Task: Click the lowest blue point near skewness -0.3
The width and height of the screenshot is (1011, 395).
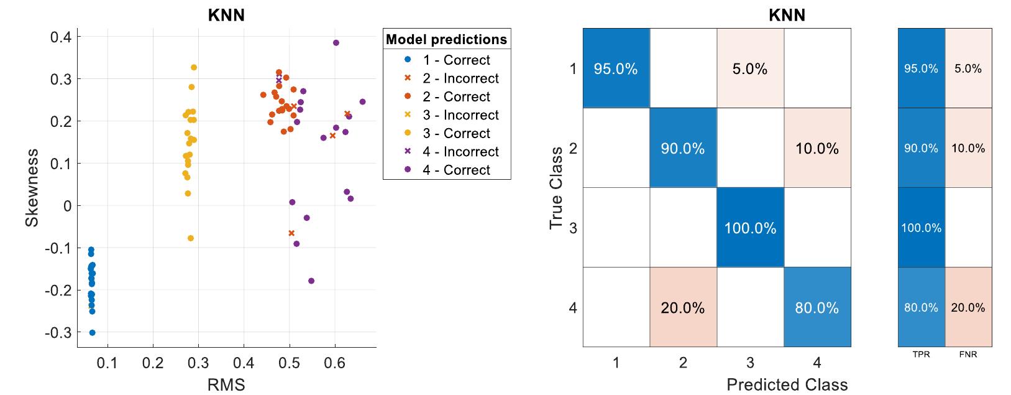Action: coord(93,333)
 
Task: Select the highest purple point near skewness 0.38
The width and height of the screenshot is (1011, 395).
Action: coord(336,43)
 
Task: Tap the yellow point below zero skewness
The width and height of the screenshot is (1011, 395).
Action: coord(191,238)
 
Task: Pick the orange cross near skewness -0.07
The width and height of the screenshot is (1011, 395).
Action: coord(291,233)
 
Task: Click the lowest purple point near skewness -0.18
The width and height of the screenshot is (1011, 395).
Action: coord(311,281)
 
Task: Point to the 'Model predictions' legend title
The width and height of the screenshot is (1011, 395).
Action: coord(446,40)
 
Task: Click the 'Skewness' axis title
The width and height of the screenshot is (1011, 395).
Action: coord(32,187)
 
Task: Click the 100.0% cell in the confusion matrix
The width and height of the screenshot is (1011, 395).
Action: coord(750,228)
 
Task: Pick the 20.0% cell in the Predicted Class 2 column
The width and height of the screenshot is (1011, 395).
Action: coord(683,308)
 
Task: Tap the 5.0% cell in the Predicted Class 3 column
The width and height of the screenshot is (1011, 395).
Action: coord(750,69)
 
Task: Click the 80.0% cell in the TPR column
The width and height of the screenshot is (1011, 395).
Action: coord(921,307)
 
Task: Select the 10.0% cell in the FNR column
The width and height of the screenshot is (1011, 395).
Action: coord(968,148)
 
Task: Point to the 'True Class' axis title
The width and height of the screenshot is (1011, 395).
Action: coord(557,188)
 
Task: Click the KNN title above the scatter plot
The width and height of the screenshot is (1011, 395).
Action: coord(226,16)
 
